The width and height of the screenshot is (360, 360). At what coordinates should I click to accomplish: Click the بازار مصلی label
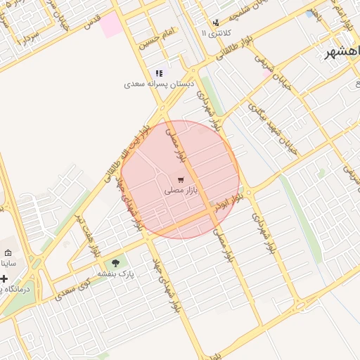click(181, 190)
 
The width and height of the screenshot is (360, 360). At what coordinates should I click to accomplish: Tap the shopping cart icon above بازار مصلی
click(181, 179)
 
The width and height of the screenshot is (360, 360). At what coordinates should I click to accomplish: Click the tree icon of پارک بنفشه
click(116, 263)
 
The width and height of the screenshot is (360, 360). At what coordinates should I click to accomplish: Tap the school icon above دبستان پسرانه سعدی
click(159, 73)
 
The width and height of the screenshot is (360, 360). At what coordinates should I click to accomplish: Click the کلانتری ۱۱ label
click(214, 33)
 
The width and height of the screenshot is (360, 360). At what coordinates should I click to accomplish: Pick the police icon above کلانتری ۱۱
click(216, 22)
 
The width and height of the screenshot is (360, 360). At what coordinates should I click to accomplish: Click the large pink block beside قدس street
click(110, 25)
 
